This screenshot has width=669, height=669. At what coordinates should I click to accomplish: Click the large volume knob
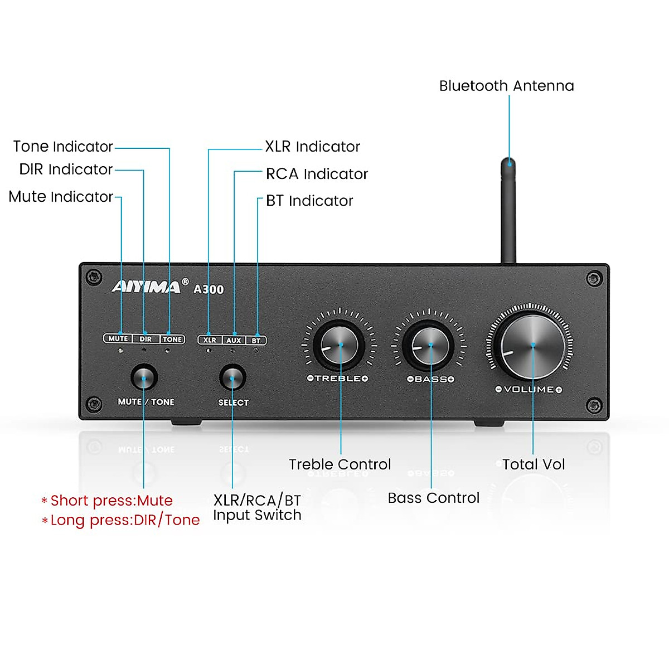click(532, 346)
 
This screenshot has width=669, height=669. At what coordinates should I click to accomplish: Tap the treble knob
click(339, 345)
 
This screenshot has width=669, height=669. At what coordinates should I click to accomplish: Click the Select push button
click(232, 378)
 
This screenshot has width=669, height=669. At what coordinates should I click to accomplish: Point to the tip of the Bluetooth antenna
click(508, 163)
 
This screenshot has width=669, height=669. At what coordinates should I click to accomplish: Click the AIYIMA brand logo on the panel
click(146, 287)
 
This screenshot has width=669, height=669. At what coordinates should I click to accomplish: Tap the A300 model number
click(209, 289)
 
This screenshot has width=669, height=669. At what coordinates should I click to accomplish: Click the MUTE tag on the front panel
click(118, 338)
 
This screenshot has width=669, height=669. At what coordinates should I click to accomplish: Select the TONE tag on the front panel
click(172, 339)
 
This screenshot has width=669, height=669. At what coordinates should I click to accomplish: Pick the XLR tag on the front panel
click(210, 340)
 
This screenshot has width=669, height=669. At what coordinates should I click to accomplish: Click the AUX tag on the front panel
click(234, 340)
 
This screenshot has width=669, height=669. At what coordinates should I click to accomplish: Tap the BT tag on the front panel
click(256, 340)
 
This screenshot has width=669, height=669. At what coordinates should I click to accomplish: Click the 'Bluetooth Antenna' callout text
click(506, 86)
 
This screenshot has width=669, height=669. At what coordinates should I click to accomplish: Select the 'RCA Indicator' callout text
click(317, 174)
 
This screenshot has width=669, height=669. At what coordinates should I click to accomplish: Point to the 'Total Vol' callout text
click(534, 464)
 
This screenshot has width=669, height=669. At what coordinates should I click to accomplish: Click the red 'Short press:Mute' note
click(111, 501)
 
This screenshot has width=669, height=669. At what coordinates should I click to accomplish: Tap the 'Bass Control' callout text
click(433, 498)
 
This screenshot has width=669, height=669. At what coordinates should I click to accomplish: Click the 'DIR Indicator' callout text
click(66, 169)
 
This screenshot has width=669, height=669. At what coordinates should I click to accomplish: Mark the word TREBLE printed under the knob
click(338, 379)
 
